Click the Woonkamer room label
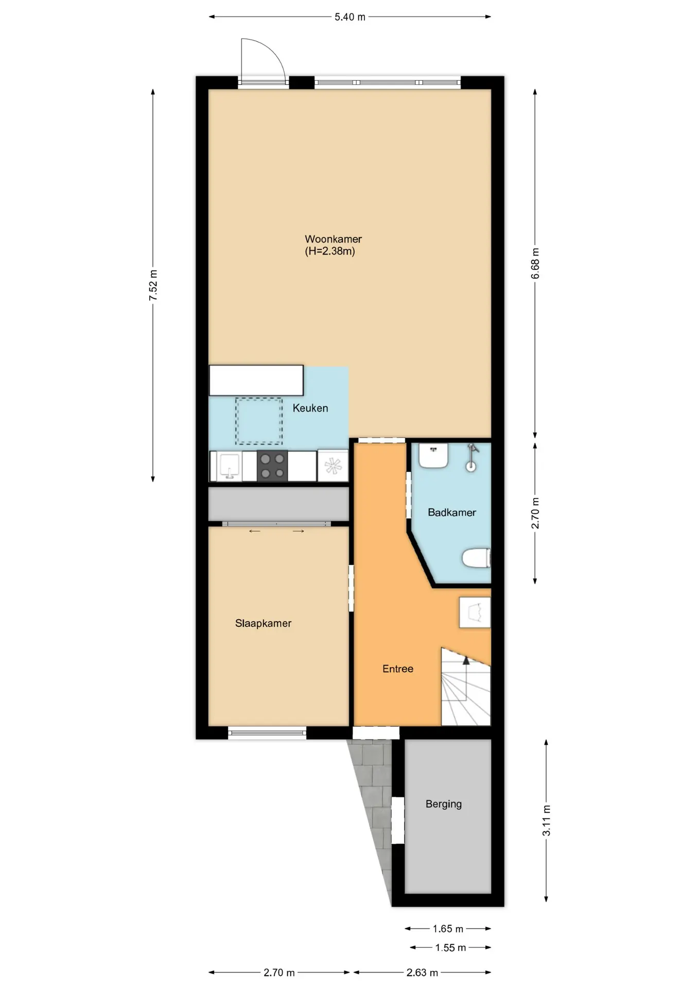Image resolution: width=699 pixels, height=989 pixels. click(333, 239)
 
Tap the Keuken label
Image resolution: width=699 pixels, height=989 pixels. click(310, 408)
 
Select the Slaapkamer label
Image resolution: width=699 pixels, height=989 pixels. click(263, 623)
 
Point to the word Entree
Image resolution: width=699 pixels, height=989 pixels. click(398, 669)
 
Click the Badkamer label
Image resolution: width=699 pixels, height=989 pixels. click(452, 513)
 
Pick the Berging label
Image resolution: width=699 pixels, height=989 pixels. click(444, 804)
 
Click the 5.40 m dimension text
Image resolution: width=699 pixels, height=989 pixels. click(350, 17)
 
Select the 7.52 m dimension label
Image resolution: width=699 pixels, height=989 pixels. click(153, 285)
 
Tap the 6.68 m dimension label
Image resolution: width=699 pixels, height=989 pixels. click(535, 264)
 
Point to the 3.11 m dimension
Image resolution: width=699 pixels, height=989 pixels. click(547, 821)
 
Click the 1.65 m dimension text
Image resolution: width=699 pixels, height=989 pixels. click(448, 929)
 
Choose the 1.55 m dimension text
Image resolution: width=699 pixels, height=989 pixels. click(450, 948)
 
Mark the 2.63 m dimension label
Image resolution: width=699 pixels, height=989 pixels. click(422, 973)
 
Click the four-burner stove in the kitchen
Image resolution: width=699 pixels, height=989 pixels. click(272, 466)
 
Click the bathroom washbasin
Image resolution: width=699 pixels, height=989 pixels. click(433, 456)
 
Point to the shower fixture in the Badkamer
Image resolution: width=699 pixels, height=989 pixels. click(472, 458)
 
